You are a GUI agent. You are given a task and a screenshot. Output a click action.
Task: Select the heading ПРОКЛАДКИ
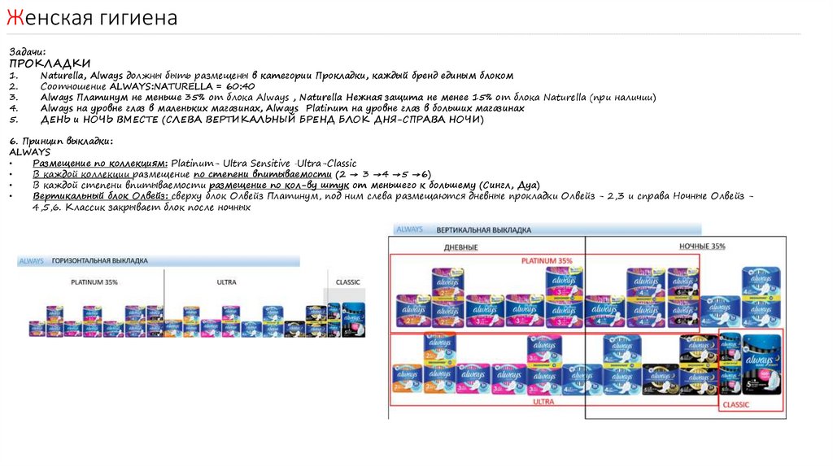(x=50, y=63)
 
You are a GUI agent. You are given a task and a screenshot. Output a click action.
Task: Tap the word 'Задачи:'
(x=33, y=51)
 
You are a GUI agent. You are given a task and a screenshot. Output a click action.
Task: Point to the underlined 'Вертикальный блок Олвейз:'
(x=100, y=196)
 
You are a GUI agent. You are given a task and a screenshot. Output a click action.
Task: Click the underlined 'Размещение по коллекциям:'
(x=100, y=164)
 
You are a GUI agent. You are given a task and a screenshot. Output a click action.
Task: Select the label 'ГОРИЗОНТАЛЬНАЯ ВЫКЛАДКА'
(x=100, y=261)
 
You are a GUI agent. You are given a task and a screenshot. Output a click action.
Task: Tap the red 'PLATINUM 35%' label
(x=547, y=260)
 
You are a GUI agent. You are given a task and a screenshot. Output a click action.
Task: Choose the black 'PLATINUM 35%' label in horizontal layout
(x=94, y=282)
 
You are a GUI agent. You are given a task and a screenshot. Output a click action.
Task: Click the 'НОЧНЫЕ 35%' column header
(x=701, y=246)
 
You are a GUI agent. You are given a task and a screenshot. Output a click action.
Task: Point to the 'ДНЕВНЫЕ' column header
(x=460, y=247)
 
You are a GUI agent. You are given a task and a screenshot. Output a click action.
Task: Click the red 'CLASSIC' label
(x=736, y=404)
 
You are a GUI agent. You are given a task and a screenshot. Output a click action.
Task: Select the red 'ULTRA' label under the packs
(x=543, y=401)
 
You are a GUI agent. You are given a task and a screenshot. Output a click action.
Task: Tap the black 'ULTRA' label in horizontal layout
(x=227, y=282)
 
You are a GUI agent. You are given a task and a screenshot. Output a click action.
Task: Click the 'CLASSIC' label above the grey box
(x=347, y=282)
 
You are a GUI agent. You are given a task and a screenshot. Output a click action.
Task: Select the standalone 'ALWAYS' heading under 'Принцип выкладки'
(x=30, y=152)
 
